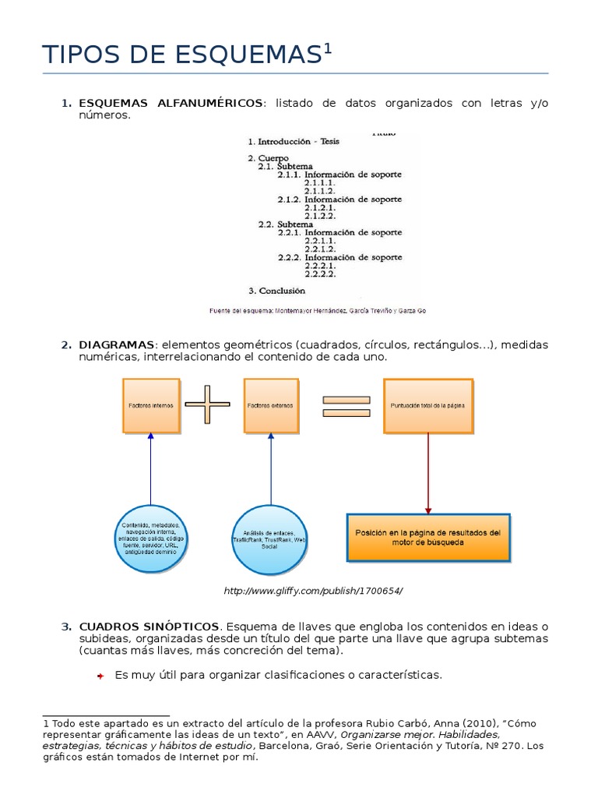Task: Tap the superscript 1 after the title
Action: coord(328,49)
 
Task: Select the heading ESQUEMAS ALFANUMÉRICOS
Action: coord(171,104)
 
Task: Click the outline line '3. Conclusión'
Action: coord(276,291)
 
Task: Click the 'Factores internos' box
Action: coord(151,406)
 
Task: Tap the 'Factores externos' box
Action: coord(272,406)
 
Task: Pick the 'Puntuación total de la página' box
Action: coord(427,406)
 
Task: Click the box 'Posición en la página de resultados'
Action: coord(427,537)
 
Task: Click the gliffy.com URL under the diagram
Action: coord(313,591)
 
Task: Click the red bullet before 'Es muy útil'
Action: coord(100,676)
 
